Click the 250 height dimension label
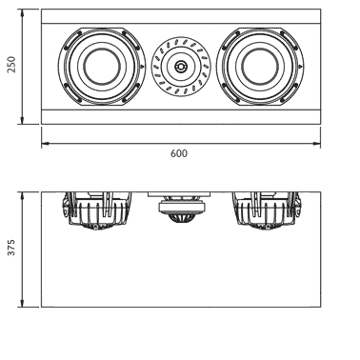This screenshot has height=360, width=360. (11, 65)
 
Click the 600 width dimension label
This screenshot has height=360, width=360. (179, 153)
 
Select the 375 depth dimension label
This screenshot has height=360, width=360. (11, 248)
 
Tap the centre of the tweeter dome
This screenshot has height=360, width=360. (181, 67)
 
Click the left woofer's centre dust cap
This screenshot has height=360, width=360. (102, 67)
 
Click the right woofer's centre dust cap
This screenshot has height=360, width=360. (260, 67)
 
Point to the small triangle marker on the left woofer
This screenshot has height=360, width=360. (142, 67)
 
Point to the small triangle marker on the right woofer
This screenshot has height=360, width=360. (300, 67)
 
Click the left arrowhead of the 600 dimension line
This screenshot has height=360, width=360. (45, 144)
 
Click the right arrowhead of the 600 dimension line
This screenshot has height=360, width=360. (316, 144)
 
